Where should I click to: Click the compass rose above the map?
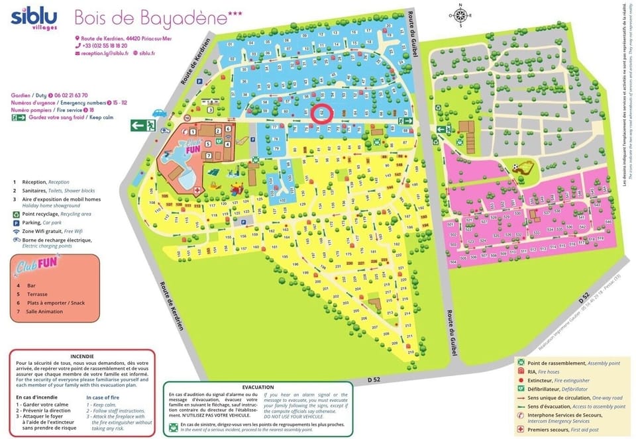(x=461, y=15)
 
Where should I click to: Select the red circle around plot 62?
(x=321, y=114)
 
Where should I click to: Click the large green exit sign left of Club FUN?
(x=142, y=125)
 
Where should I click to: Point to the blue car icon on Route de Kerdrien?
(x=160, y=113)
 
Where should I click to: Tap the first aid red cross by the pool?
(x=197, y=189)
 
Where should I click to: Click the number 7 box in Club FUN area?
(x=208, y=156)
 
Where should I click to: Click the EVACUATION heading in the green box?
(x=258, y=387)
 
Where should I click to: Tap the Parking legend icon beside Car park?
(x=15, y=223)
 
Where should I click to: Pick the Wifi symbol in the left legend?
(x=15, y=232)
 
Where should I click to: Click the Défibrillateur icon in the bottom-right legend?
(x=522, y=389)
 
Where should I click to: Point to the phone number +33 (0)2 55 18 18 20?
(x=105, y=46)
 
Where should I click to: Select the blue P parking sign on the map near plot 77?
(x=244, y=222)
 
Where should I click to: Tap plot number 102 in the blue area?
(x=282, y=199)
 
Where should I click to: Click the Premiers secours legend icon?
(x=522, y=429)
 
